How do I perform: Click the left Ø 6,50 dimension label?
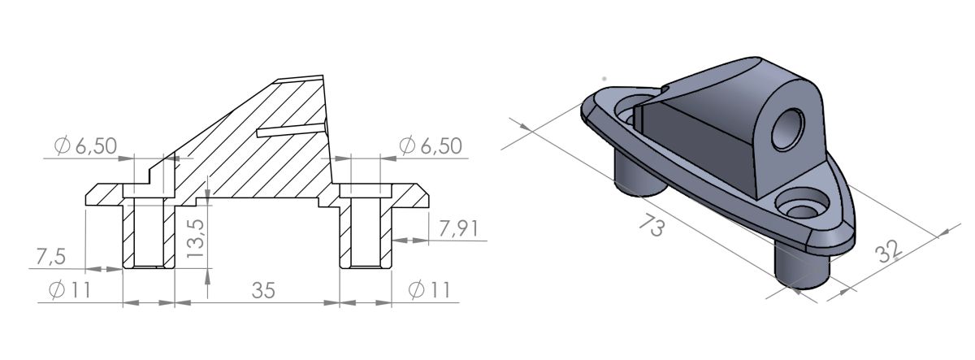[x=85, y=146]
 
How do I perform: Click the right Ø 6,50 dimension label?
[x=431, y=146]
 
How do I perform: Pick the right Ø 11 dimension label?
[x=429, y=289]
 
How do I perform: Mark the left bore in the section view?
[x=148, y=232]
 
